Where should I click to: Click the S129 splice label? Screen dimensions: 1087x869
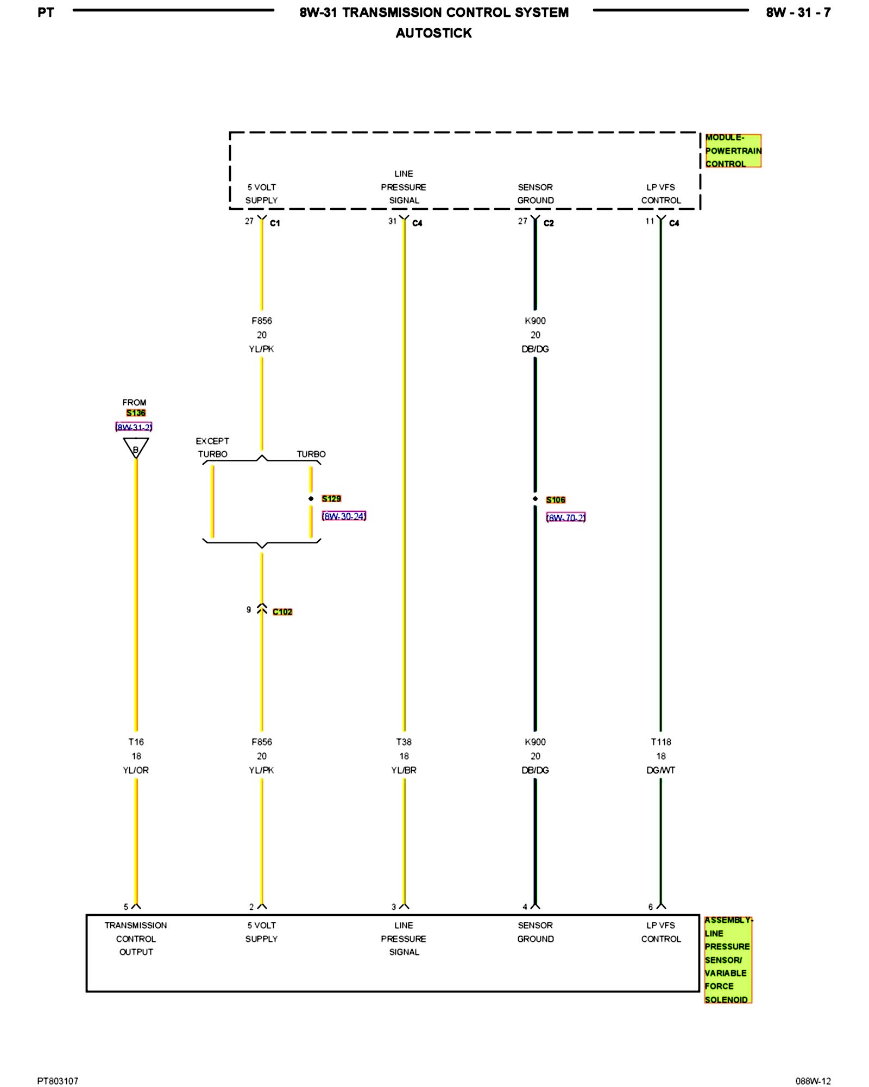(331, 498)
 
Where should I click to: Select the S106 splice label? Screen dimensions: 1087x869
(556, 499)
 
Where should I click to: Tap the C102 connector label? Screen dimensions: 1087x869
(282, 611)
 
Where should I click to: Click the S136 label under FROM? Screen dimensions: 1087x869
(136, 413)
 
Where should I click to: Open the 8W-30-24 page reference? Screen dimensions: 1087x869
(344, 516)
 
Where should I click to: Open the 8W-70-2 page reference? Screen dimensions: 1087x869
(565, 517)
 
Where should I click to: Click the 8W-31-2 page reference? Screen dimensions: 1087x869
(134, 427)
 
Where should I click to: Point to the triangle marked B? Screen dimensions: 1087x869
(136, 448)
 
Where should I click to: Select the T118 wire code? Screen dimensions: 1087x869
(661, 742)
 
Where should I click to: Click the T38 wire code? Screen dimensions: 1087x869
(404, 742)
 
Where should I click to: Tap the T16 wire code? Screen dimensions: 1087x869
(136, 742)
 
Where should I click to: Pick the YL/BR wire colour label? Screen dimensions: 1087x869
(404, 770)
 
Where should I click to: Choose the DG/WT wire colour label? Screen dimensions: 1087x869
(661, 770)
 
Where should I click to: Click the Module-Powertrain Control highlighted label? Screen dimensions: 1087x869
(733, 151)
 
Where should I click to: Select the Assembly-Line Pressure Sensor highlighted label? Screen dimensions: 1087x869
(727, 959)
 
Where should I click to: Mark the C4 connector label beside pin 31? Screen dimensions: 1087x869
(417, 223)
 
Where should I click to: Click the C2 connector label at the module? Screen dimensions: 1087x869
(549, 223)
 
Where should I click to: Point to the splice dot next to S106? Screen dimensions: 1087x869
(535, 498)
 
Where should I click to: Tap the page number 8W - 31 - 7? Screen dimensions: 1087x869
(798, 13)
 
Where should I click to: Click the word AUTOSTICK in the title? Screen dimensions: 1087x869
(433, 33)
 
